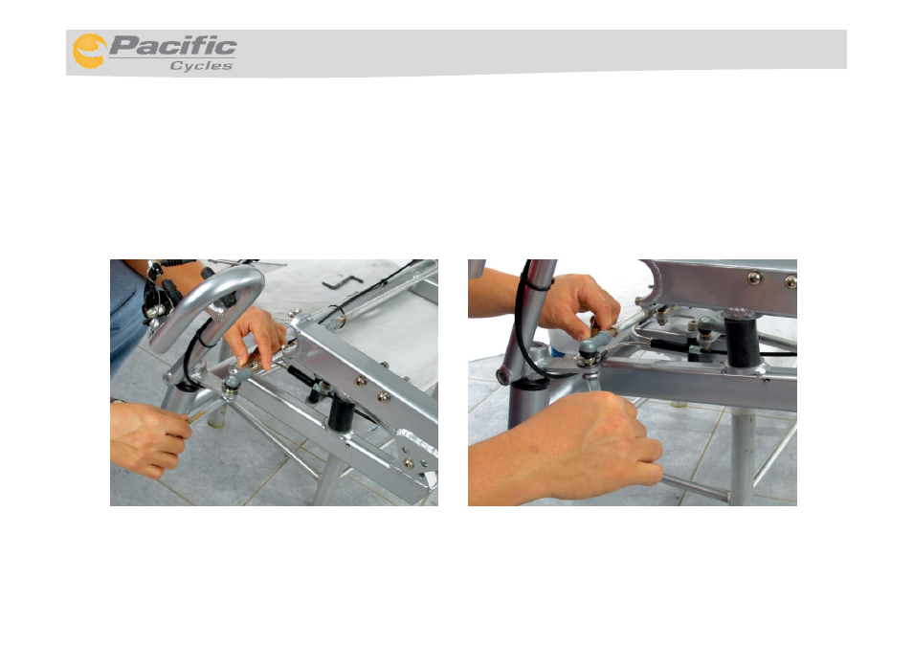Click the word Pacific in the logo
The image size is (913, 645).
click(172, 45)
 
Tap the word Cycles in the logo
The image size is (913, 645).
click(202, 66)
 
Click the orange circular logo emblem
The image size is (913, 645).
click(89, 52)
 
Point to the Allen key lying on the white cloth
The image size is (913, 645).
click(343, 281)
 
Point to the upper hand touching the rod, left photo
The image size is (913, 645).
click(256, 338)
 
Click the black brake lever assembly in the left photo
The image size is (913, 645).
click(160, 294)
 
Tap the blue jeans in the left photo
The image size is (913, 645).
click(125, 314)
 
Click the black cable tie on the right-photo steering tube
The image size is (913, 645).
click(536, 283)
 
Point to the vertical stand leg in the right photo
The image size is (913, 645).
click(743, 457)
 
